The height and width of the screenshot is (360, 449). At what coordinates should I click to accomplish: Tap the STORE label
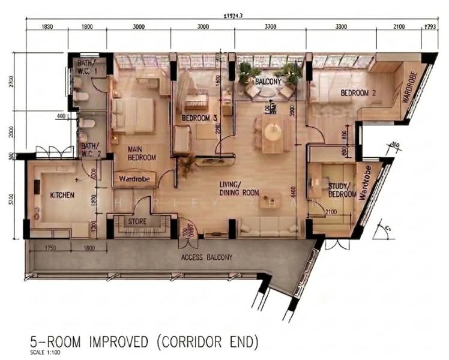point(137,221)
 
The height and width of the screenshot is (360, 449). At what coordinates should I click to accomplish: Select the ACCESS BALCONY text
point(206,257)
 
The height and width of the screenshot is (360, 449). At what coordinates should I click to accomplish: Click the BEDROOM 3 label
point(199,118)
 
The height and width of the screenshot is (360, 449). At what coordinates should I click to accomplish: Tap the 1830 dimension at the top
point(47,26)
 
